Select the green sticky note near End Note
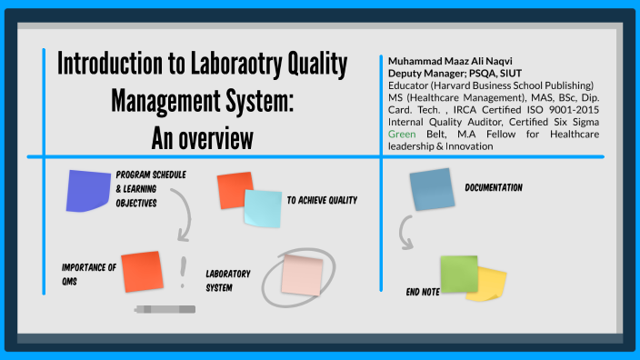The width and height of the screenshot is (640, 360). pos(458,274)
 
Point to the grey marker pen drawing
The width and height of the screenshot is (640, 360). pos(165,310)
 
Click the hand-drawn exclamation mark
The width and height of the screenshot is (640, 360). pos(184,268)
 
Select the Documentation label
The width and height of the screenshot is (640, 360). pos(494,187)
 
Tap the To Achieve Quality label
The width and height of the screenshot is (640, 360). pos(322,200)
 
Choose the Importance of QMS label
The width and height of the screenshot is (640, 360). pos(88,274)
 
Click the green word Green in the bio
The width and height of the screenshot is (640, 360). pos(401,133)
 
